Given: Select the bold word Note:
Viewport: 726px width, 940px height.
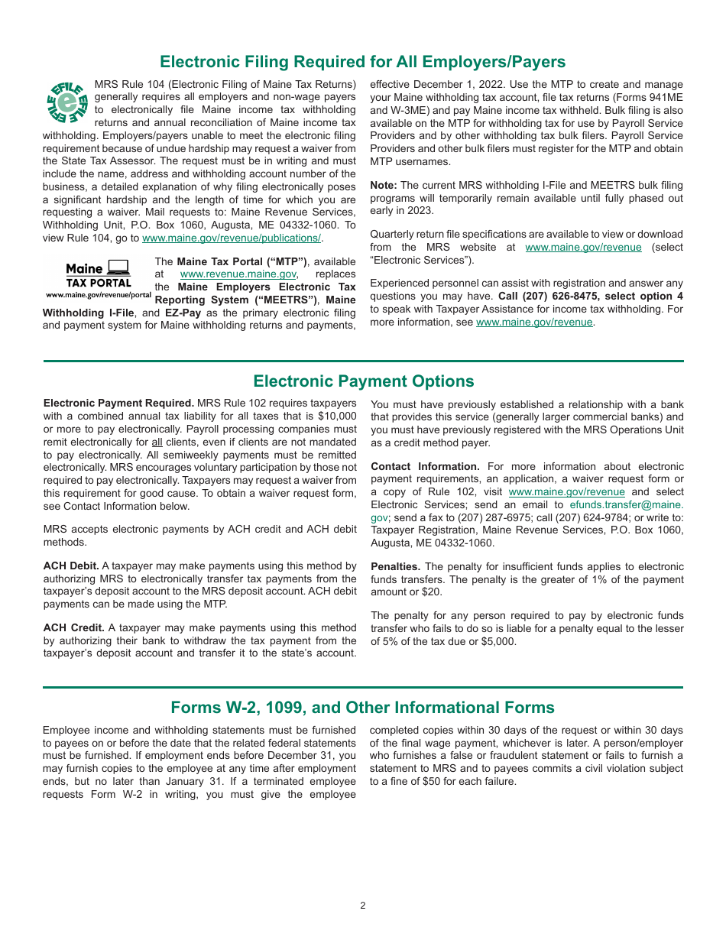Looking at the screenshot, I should (x=384, y=186).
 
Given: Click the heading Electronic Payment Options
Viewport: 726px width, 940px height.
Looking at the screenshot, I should (x=363, y=381).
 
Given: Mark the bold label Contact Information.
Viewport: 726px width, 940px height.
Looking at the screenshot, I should (x=425, y=467).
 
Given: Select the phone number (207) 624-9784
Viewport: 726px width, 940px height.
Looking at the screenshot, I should (x=595, y=518).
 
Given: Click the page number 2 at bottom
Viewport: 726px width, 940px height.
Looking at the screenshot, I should (x=363, y=906).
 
